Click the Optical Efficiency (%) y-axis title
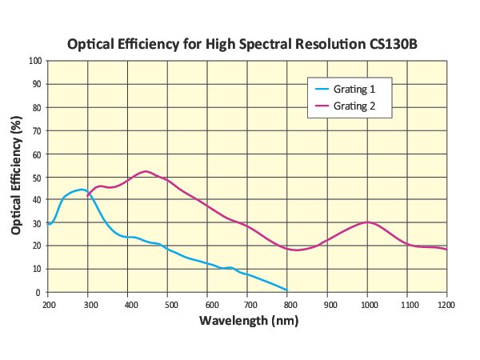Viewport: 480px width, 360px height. click(x=17, y=175)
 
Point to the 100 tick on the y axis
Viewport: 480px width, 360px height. click(x=36, y=61)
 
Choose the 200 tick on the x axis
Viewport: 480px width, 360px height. click(x=49, y=305)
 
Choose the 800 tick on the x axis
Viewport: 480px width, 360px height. click(x=288, y=305)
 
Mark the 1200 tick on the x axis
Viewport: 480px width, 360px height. click(x=446, y=305)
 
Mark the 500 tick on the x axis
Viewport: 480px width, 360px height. click(x=168, y=305)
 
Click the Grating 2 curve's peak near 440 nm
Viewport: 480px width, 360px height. click(x=145, y=171)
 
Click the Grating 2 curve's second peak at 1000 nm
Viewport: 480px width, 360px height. click(x=367, y=222)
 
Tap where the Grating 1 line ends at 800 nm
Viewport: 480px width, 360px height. click(x=287, y=290)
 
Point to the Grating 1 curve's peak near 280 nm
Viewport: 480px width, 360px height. click(x=81, y=190)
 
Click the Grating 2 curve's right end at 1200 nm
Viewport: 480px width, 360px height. click(x=446, y=250)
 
